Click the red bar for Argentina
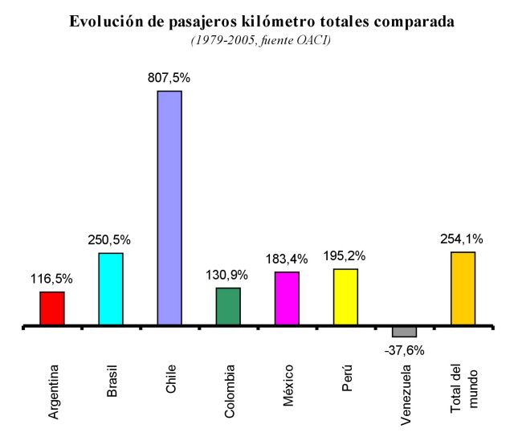[52, 308]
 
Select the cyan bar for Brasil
[111, 289]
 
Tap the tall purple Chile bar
[169, 208]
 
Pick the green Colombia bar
[228, 306]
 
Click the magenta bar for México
[287, 298]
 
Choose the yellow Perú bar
[345, 296]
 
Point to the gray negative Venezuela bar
[404, 332]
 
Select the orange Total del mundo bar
[463, 288]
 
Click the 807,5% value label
[169, 79]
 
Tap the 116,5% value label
[52, 279]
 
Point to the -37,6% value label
[404, 349]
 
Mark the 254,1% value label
[463, 239]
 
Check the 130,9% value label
[227, 275]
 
